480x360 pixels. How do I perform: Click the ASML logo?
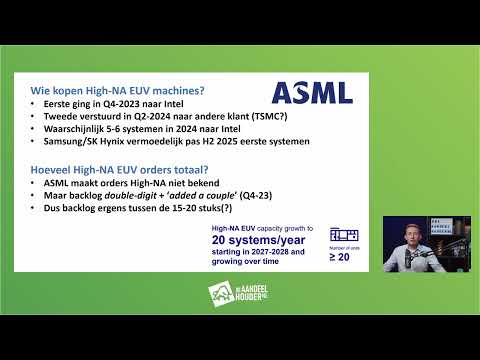coord(312,93)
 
